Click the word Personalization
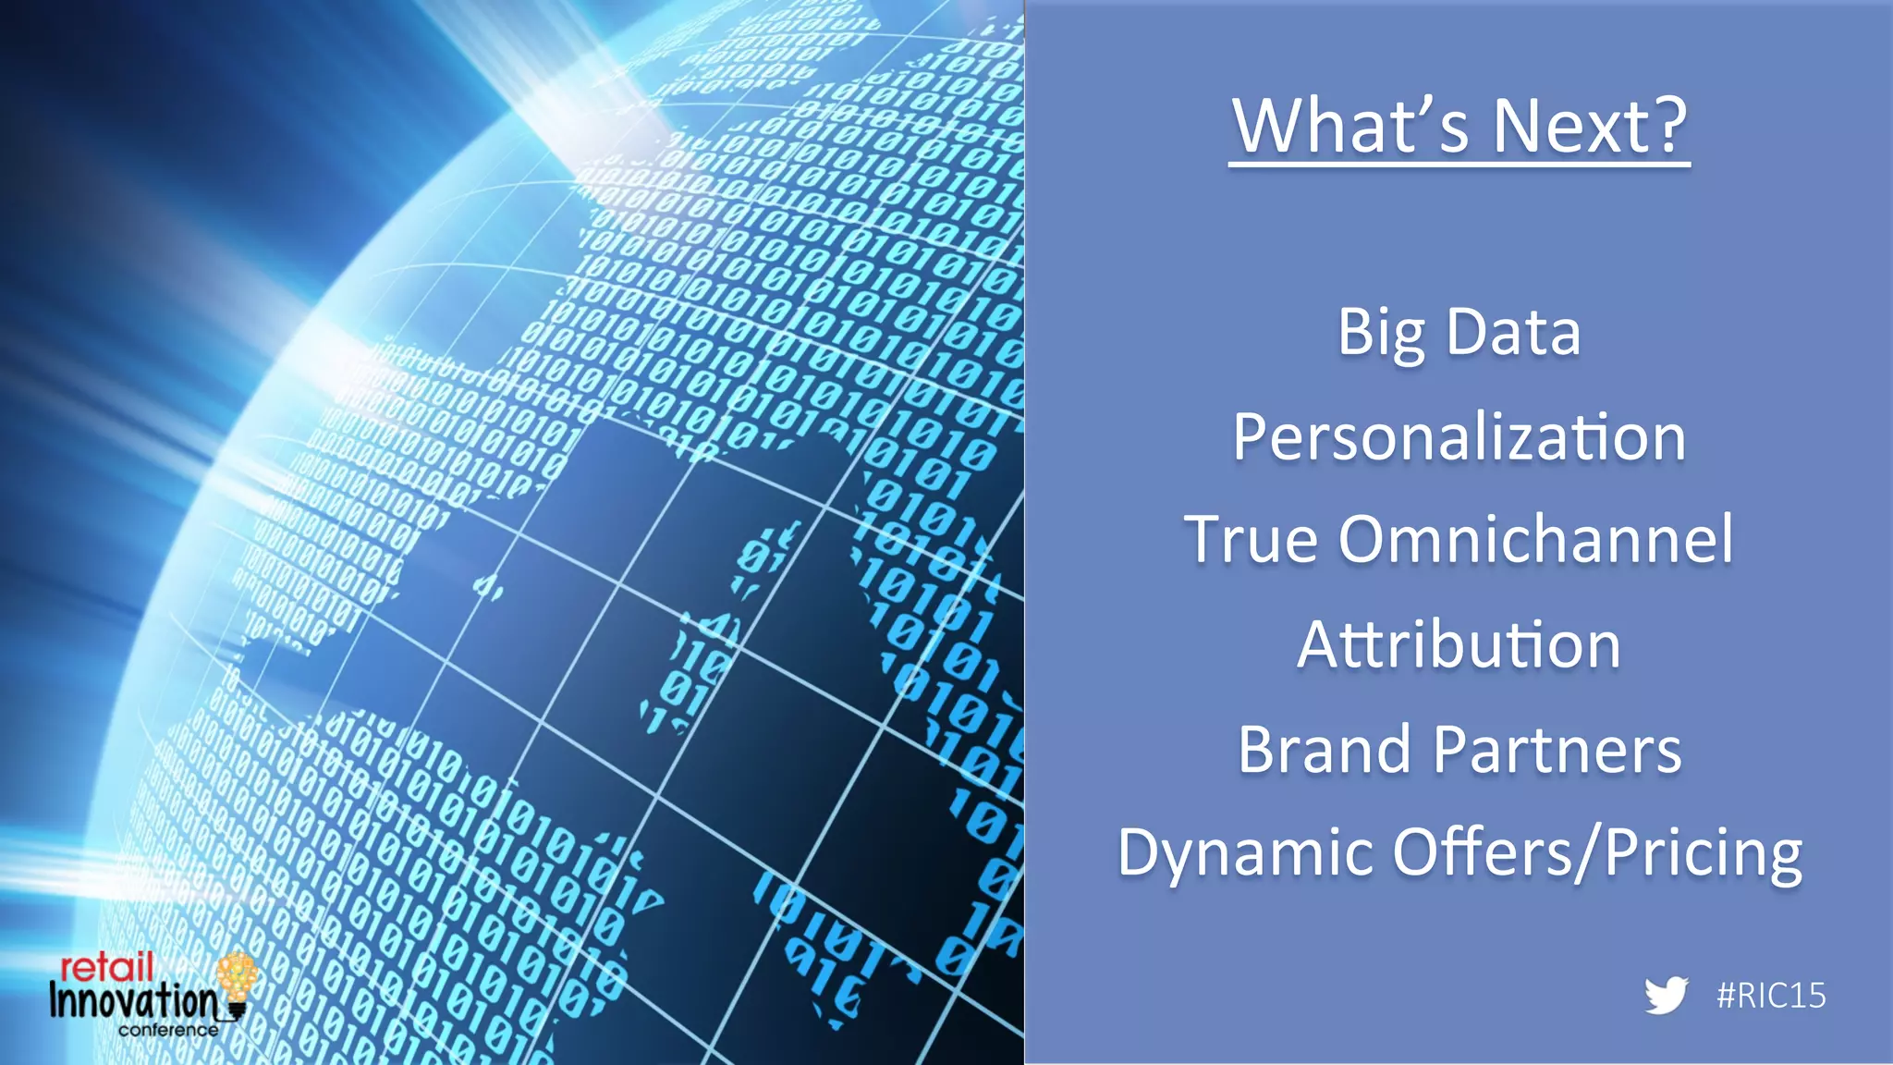pos(1459,436)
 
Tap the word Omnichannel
pos(1535,539)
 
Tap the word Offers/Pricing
pos(1597,853)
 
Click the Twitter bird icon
pos(1666,996)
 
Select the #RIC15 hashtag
pos(1771,996)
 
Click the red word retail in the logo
pos(106,968)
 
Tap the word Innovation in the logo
pos(134,1000)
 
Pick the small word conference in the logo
pos(168,1030)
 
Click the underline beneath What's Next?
pos(1459,165)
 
